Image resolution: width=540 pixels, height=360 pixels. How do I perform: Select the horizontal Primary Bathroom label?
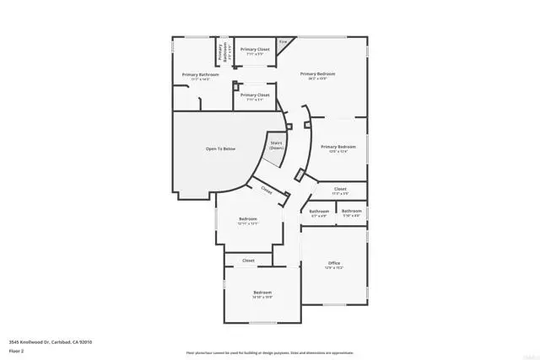[x=201, y=75]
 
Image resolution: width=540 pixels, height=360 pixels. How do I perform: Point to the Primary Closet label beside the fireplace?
[x=255, y=50]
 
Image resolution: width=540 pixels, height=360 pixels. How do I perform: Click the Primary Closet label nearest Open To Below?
[x=255, y=95]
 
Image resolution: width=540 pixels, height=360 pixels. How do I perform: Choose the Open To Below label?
[x=220, y=149]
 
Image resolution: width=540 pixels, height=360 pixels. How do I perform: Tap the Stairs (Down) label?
[x=276, y=145]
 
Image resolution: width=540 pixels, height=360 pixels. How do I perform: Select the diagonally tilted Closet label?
[x=267, y=191]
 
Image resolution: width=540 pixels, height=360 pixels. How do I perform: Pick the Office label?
[x=334, y=263]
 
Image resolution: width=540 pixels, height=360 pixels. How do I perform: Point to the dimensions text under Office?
[x=334, y=268]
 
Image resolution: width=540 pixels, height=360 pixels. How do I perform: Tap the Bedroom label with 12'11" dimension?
[x=247, y=219]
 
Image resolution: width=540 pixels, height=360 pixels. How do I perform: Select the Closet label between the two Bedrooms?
[x=249, y=261]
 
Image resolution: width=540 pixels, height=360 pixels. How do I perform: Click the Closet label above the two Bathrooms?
[x=340, y=189]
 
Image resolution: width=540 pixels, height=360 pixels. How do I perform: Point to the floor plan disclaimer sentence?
[x=270, y=352]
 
